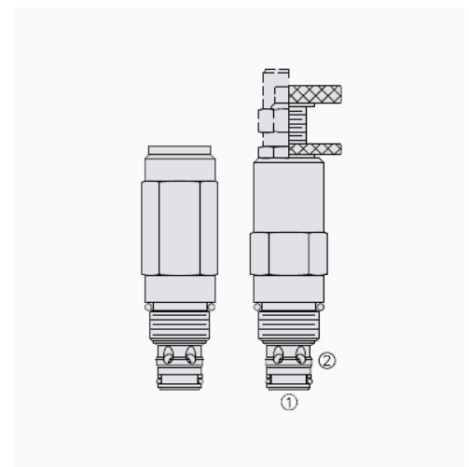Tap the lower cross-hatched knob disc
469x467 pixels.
(315, 147)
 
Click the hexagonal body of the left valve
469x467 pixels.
(179, 227)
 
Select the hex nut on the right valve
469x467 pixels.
(288, 253)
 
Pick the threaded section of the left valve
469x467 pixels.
(180, 326)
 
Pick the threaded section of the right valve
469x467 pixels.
(288, 326)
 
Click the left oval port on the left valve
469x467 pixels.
(169, 356)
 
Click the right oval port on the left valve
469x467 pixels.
(190, 356)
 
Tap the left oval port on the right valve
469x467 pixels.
(278, 356)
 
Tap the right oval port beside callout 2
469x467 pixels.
(299, 356)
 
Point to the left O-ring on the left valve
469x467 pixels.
(147, 308)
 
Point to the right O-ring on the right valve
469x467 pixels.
(320, 308)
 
